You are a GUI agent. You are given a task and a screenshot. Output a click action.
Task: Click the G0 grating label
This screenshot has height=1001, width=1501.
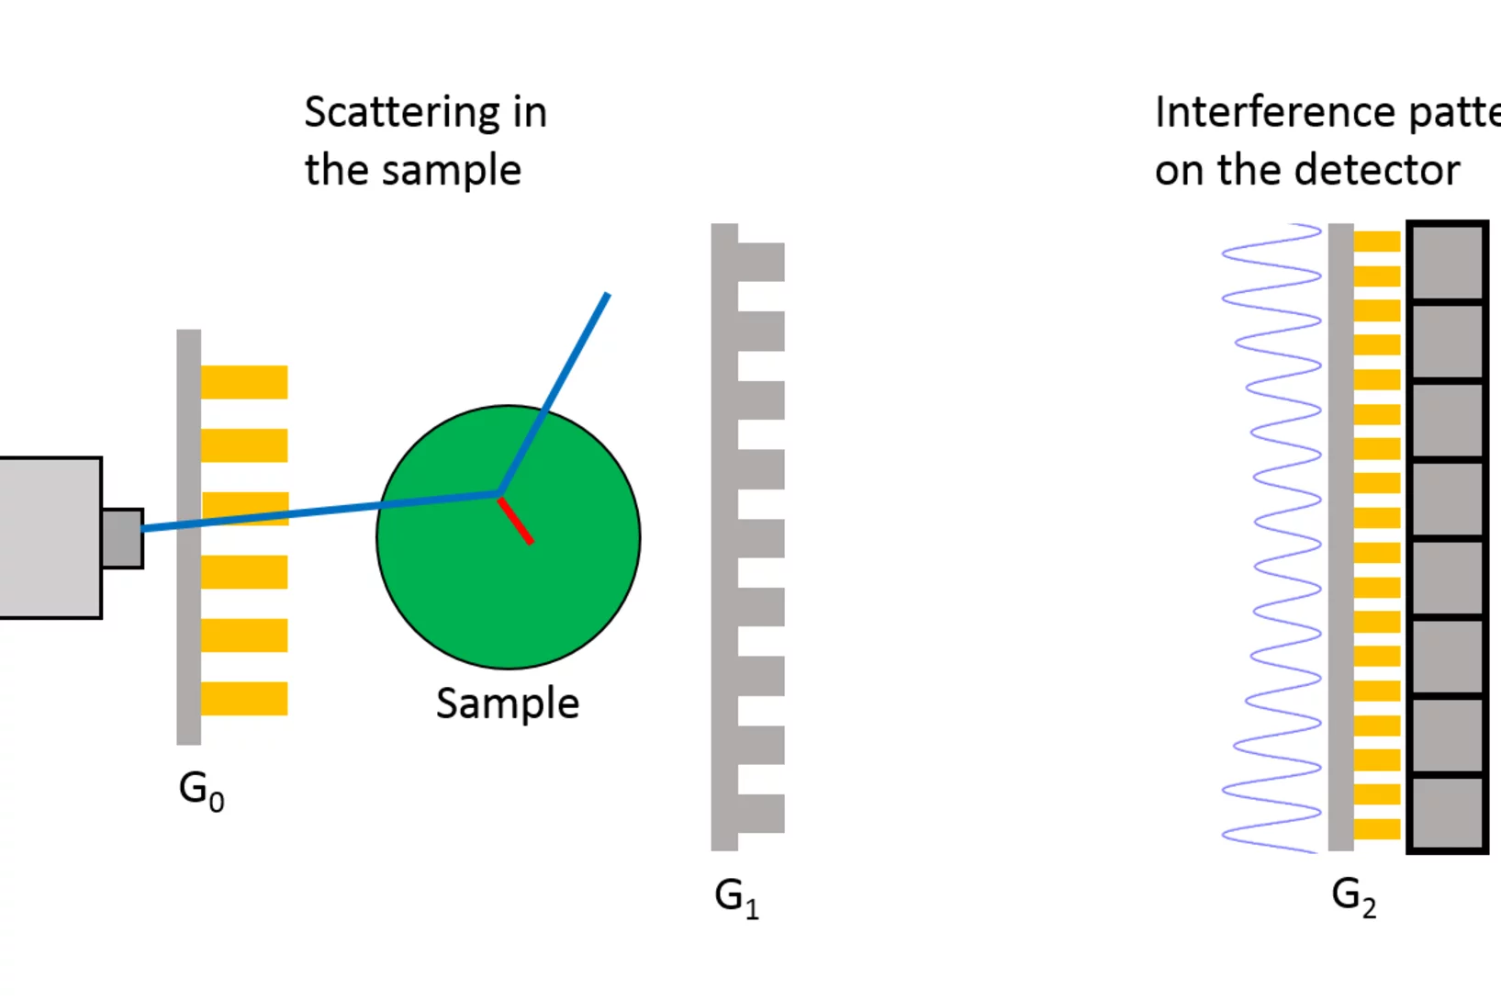click(201, 790)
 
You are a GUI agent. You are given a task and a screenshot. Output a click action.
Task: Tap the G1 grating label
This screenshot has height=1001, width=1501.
click(736, 897)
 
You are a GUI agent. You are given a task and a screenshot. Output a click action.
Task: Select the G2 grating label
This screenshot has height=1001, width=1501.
click(1353, 896)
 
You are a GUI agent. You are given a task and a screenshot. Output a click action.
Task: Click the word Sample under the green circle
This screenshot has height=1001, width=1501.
click(507, 704)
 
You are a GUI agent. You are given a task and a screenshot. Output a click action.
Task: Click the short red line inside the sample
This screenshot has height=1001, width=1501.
click(515, 521)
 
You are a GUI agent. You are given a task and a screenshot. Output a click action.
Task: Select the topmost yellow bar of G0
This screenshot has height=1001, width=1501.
click(244, 382)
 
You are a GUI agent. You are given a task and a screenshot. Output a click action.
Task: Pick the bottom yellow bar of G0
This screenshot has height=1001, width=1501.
click(244, 699)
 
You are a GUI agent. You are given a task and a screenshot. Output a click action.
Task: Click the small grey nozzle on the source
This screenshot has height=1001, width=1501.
click(122, 538)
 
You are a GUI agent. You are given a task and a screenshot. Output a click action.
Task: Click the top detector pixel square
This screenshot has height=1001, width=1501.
click(1447, 262)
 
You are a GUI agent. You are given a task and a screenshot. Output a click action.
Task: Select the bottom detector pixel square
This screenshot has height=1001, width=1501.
click(1447, 814)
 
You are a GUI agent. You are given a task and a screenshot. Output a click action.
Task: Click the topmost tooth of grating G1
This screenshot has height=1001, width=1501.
click(760, 262)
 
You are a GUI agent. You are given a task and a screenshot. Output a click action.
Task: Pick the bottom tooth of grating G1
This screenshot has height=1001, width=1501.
click(760, 814)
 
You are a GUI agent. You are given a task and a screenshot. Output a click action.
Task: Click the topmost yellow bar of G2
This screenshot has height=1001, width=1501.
click(1376, 242)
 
